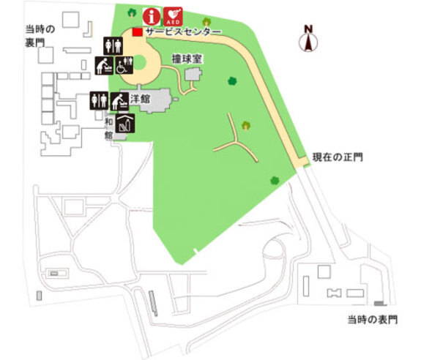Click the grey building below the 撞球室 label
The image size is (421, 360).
(x=193, y=74)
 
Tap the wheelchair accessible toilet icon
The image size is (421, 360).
(x=124, y=67)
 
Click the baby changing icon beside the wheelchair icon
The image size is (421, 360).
(x=105, y=67)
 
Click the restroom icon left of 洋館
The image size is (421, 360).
(x=99, y=100)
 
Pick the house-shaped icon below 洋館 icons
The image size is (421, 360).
(x=125, y=121)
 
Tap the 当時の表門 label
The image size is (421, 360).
(x=373, y=319)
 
